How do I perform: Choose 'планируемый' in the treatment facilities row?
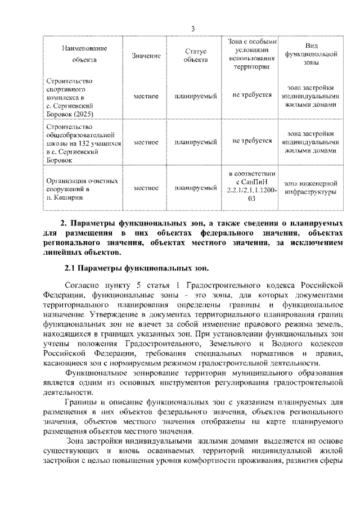(x=196, y=187)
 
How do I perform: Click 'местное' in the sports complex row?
(x=146, y=96)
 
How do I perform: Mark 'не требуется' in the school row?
(x=252, y=141)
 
